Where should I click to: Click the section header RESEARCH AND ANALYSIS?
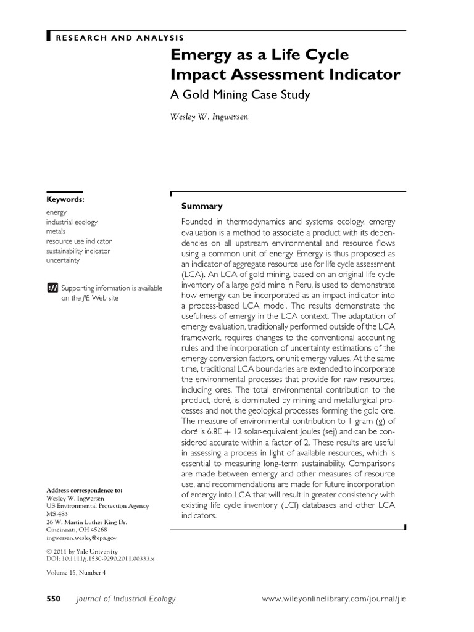pos(120,38)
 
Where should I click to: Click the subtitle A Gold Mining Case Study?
pos(240,94)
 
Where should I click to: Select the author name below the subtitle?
pos(209,117)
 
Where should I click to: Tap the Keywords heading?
pos(65,199)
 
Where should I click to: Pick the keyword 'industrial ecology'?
pos(72,222)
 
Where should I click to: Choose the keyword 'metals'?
pos(56,231)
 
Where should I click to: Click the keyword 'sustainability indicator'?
pos(78,251)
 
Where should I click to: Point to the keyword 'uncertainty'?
pos(63,261)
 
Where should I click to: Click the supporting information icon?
pos(52,288)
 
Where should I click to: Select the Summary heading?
pos(201,206)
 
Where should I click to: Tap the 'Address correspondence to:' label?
pos(85,490)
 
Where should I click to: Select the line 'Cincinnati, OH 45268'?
pos(77,530)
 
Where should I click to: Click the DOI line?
pos(100,558)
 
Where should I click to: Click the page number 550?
pos(54,599)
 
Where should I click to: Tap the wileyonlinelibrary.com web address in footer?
pos(335,599)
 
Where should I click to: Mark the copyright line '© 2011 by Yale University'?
pos(81,551)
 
